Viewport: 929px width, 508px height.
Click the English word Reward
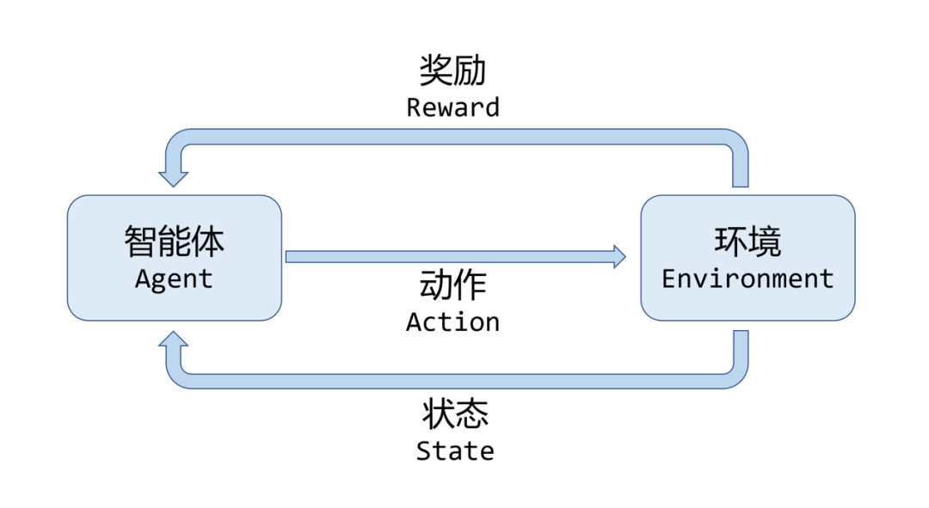tap(452, 107)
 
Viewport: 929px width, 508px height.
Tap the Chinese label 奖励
tap(452, 70)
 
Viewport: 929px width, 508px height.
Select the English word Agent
tap(174, 279)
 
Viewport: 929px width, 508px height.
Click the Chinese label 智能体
tap(174, 242)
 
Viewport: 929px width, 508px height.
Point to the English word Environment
tap(748, 279)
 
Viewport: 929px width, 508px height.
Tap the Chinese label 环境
tap(748, 242)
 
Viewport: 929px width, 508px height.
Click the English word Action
tap(452, 322)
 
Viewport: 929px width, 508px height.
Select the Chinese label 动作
tap(452, 285)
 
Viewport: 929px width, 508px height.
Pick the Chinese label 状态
tap(455, 414)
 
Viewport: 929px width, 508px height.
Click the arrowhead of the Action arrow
tap(619, 256)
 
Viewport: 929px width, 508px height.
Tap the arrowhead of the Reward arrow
tap(174, 179)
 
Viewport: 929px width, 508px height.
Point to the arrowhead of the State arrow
tap(174, 339)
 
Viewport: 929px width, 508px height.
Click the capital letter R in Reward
tap(414, 107)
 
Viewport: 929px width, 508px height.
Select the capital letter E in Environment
tap(668, 279)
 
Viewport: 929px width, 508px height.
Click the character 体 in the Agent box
tap(207, 242)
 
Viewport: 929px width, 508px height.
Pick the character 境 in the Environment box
tap(765, 242)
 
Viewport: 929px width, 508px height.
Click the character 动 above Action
tap(435, 285)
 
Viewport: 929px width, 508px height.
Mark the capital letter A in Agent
tap(143, 279)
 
